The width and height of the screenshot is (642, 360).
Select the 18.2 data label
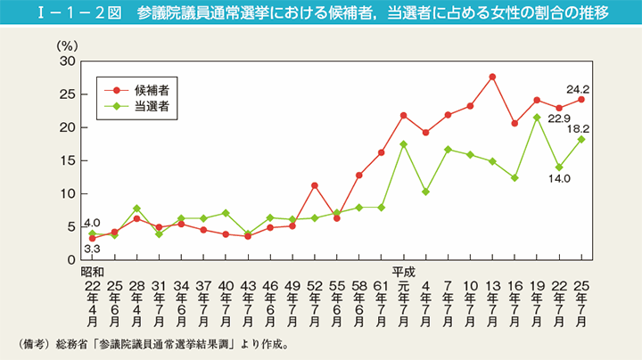pyautogui.click(x=580, y=127)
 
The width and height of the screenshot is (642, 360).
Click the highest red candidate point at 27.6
pyautogui.click(x=492, y=77)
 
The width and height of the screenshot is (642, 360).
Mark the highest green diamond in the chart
pyautogui.click(x=537, y=118)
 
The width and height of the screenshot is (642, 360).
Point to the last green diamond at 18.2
pyautogui.click(x=581, y=139)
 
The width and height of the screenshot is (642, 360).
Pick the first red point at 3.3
pyautogui.click(x=93, y=238)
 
